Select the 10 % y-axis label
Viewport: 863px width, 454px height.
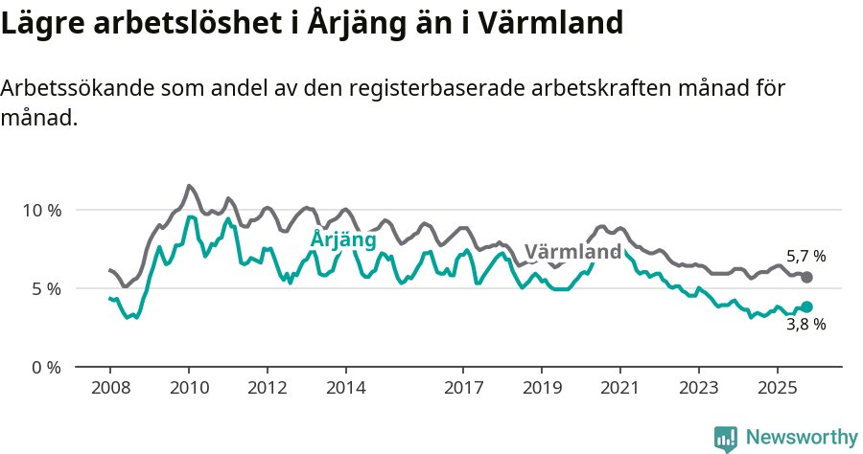[x=41, y=210]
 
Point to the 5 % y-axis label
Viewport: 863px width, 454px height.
[x=46, y=288]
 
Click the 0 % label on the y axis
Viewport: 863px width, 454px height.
[x=46, y=367]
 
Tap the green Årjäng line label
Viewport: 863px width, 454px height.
[x=342, y=239]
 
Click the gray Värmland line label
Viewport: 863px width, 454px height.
[x=572, y=252]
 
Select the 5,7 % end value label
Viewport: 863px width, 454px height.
[x=805, y=257]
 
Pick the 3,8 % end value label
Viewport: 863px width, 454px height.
[x=805, y=324]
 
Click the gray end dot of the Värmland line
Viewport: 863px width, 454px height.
[x=806, y=277]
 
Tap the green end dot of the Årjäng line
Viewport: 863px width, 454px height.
[x=806, y=306]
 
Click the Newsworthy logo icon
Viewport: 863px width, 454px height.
[x=726, y=438]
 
